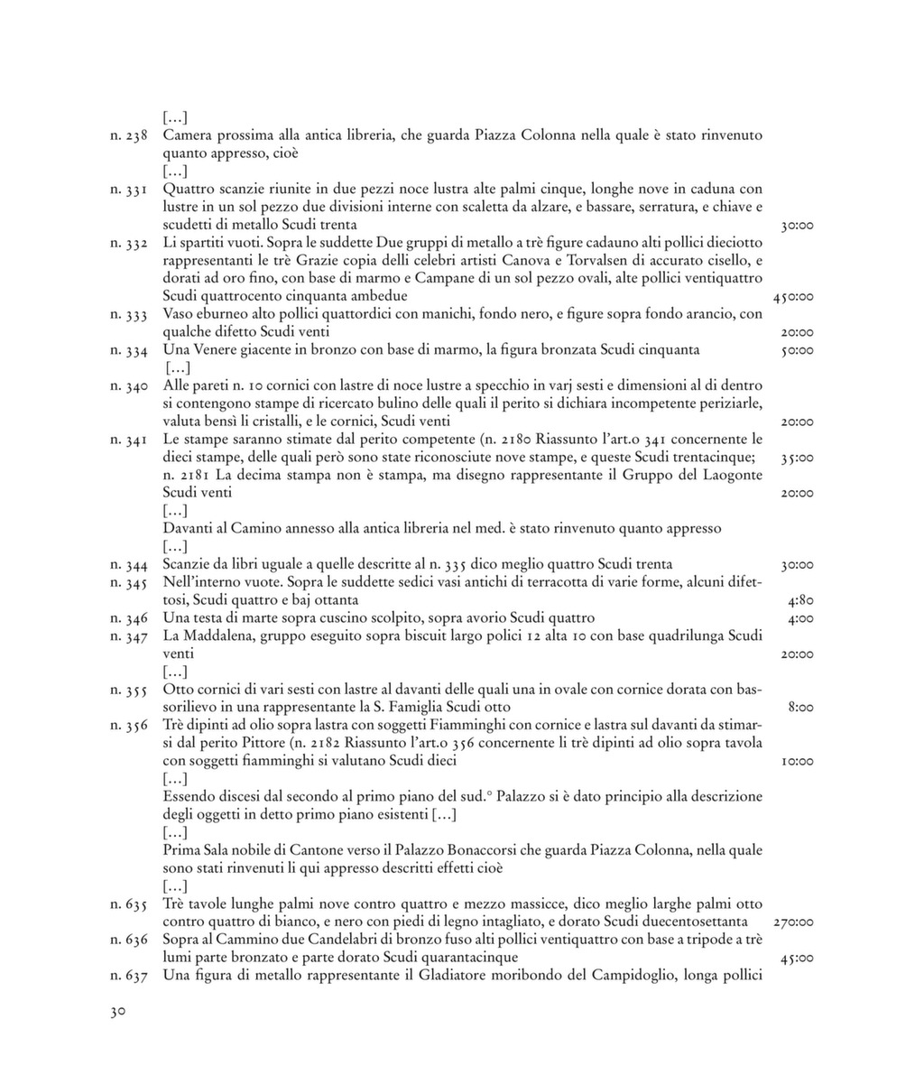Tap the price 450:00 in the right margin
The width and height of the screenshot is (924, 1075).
(794, 297)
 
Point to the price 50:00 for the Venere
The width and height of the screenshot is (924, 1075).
(798, 350)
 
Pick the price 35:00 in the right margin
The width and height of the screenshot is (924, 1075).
(798, 458)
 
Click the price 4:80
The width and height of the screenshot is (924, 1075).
(801, 600)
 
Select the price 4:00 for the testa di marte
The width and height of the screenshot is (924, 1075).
(801, 618)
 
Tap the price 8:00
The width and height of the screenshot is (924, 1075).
(801, 708)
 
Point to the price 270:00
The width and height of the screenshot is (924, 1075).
(794, 922)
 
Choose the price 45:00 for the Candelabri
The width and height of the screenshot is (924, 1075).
(798, 958)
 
